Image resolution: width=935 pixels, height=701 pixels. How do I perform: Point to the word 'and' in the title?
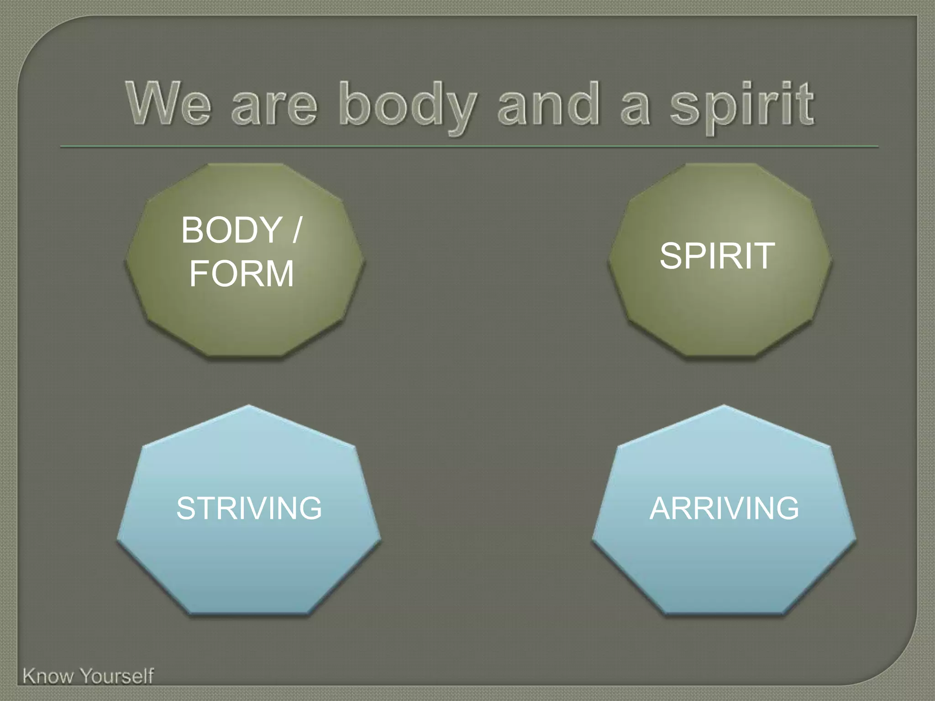click(x=548, y=104)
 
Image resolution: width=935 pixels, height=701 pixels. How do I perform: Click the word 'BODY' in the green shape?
click(x=231, y=230)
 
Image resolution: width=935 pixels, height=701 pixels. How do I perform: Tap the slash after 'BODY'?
click(x=297, y=230)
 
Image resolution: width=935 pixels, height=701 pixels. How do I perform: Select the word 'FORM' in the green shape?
click(x=242, y=273)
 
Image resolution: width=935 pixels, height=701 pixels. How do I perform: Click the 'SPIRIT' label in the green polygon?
click(x=717, y=256)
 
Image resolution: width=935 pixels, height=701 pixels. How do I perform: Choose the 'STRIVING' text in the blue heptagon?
click(x=249, y=508)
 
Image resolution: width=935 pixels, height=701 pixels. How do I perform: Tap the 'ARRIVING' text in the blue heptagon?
click(x=724, y=508)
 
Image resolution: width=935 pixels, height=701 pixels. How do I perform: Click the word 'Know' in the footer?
click(x=48, y=676)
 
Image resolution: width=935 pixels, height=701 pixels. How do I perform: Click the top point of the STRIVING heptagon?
click(x=249, y=406)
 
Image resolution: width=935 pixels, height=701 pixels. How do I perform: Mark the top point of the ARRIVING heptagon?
click(x=724, y=406)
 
